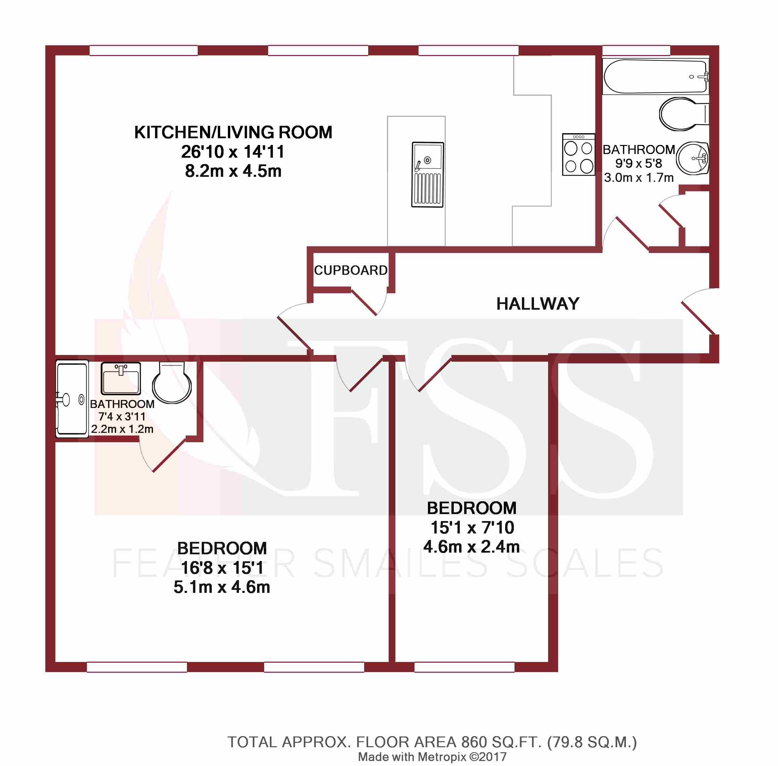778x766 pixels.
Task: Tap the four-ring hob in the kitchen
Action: click(x=578, y=154)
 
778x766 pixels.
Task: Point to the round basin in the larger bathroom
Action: click(x=692, y=158)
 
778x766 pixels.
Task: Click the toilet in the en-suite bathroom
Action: click(x=172, y=382)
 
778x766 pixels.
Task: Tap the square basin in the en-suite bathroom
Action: click(x=121, y=378)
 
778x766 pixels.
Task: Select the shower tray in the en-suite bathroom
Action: click(x=71, y=398)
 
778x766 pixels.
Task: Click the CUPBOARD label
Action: click(x=350, y=270)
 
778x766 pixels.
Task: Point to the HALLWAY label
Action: click(x=538, y=304)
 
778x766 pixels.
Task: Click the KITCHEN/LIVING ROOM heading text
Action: click(x=233, y=132)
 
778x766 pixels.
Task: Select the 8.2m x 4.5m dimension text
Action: click(x=233, y=171)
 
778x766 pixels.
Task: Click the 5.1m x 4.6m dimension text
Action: click(x=222, y=587)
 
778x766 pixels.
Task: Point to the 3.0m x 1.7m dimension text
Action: click(x=639, y=177)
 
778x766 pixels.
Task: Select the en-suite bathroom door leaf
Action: click(x=169, y=455)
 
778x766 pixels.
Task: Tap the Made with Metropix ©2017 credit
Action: click(x=432, y=757)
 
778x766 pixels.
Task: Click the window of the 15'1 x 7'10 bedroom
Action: click(x=465, y=667)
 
